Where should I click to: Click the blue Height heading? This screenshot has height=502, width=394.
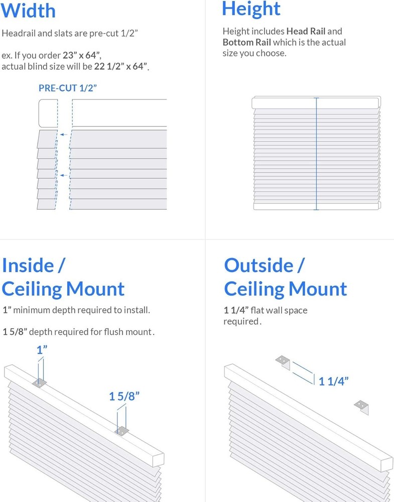[x=251, y=9]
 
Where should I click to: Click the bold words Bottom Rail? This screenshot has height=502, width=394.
[x=246, y=43]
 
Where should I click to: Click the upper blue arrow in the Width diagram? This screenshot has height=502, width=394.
[x=63, y=135]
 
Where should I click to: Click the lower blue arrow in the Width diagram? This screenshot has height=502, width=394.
[x=63, y=175]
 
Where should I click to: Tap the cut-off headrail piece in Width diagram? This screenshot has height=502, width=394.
[x=48, y=113]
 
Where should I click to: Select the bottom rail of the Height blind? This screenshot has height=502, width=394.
[x=316, y=206]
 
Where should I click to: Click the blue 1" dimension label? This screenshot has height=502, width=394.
[x=42, y=350]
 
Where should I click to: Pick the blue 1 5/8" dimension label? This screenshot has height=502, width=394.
[x=124, y=397]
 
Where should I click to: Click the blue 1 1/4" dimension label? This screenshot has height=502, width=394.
[x=333, y=381]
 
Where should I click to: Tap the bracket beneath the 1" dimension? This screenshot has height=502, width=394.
[x=40, y=383]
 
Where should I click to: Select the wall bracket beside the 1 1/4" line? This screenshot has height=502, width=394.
[x=284, y=362]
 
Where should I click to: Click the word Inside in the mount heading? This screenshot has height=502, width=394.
[x=28, y=265]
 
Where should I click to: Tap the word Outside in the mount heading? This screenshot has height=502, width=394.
[x=258, y=265]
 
